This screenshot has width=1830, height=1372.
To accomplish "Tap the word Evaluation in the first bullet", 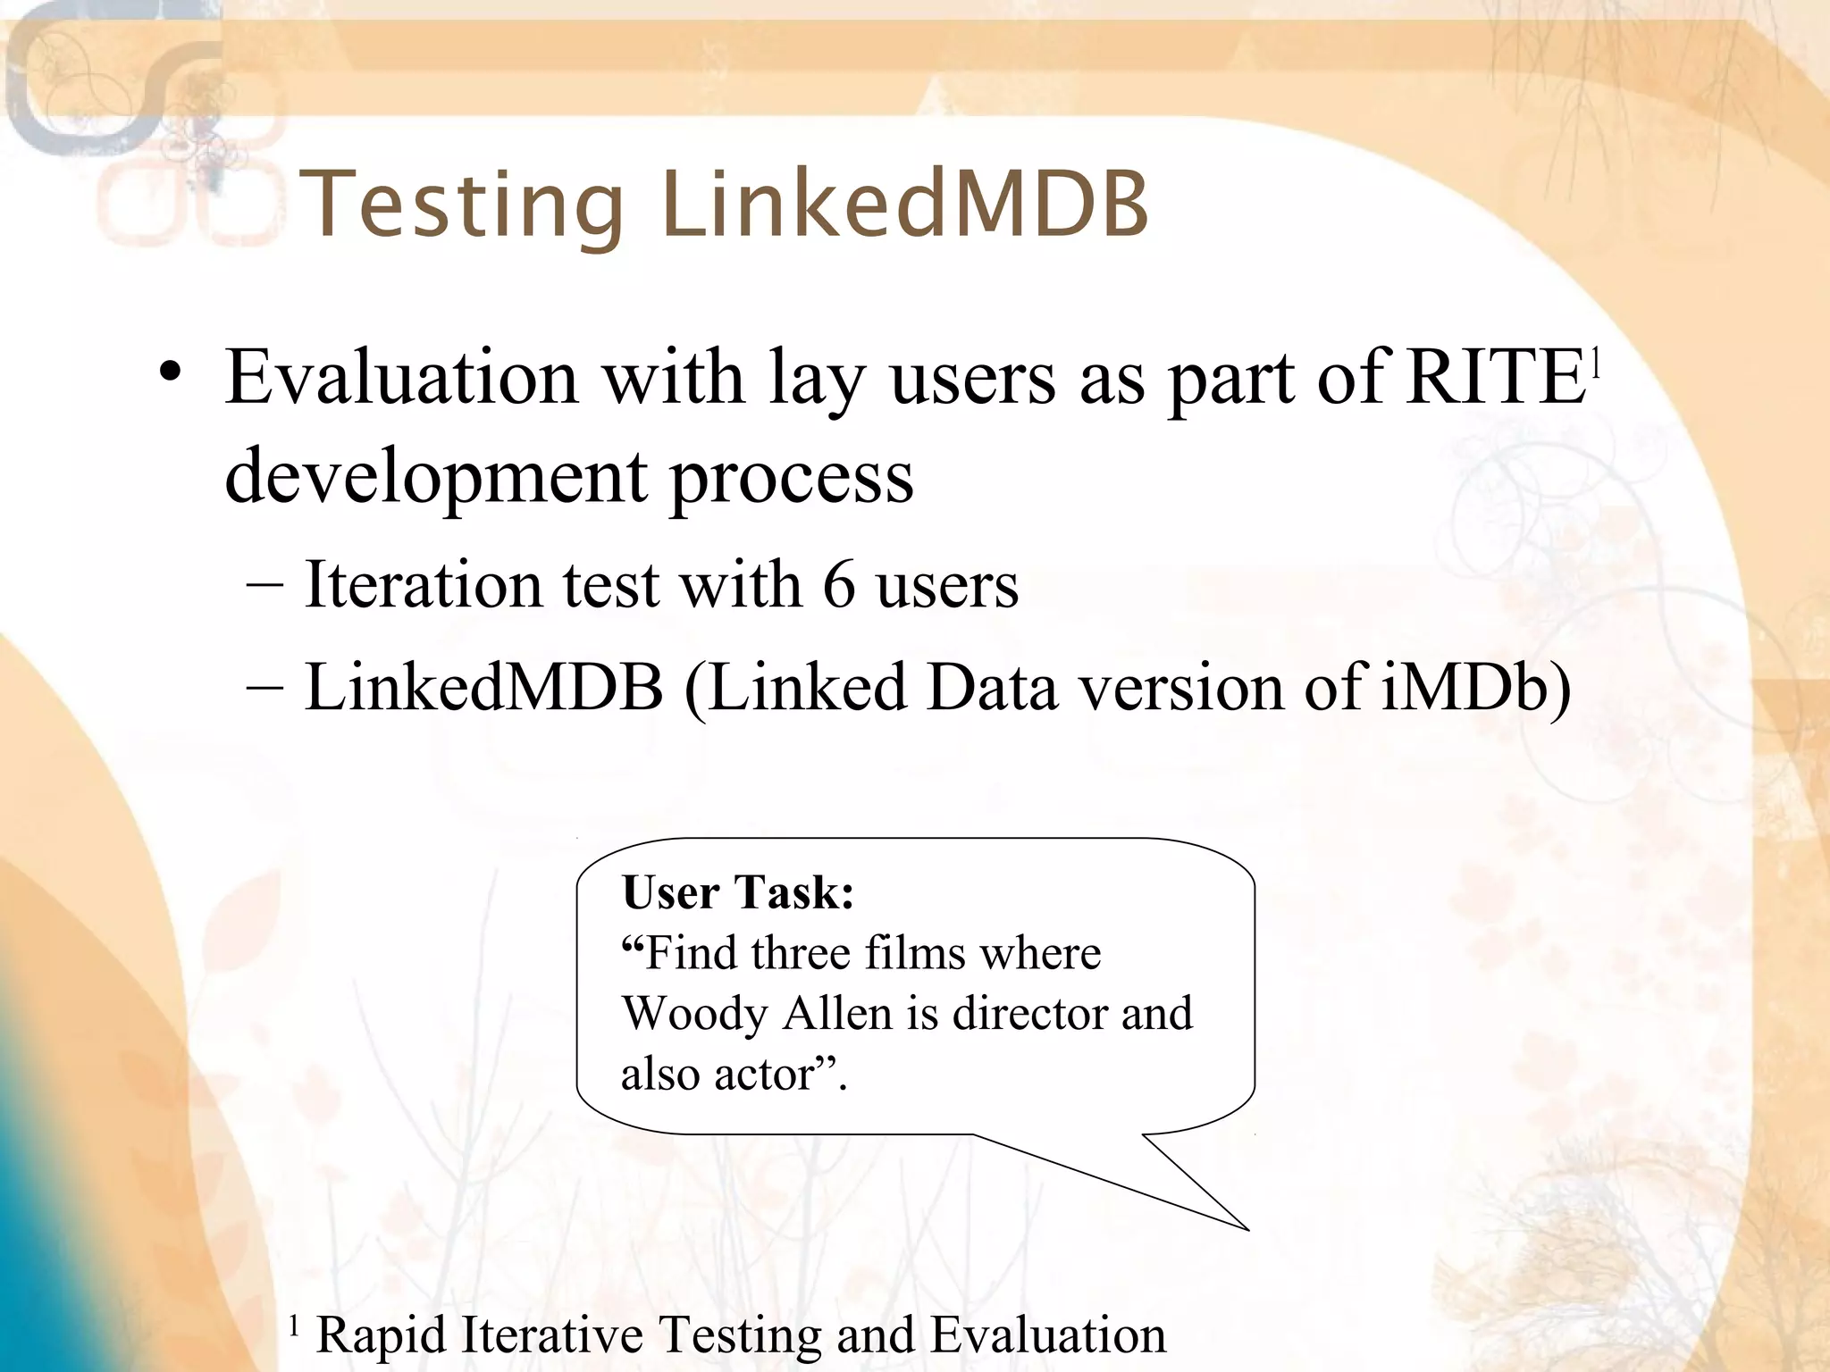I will [401, 377].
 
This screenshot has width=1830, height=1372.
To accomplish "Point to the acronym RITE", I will [1495, 377].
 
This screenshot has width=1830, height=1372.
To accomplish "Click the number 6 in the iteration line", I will [839, 585].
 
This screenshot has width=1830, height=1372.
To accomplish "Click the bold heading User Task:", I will [737, 892].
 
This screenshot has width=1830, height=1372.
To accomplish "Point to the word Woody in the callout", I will [694, 1014].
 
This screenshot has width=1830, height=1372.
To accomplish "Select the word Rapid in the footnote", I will [382, 1335].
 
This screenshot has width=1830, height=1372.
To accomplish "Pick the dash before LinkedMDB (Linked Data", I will [264, 688].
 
